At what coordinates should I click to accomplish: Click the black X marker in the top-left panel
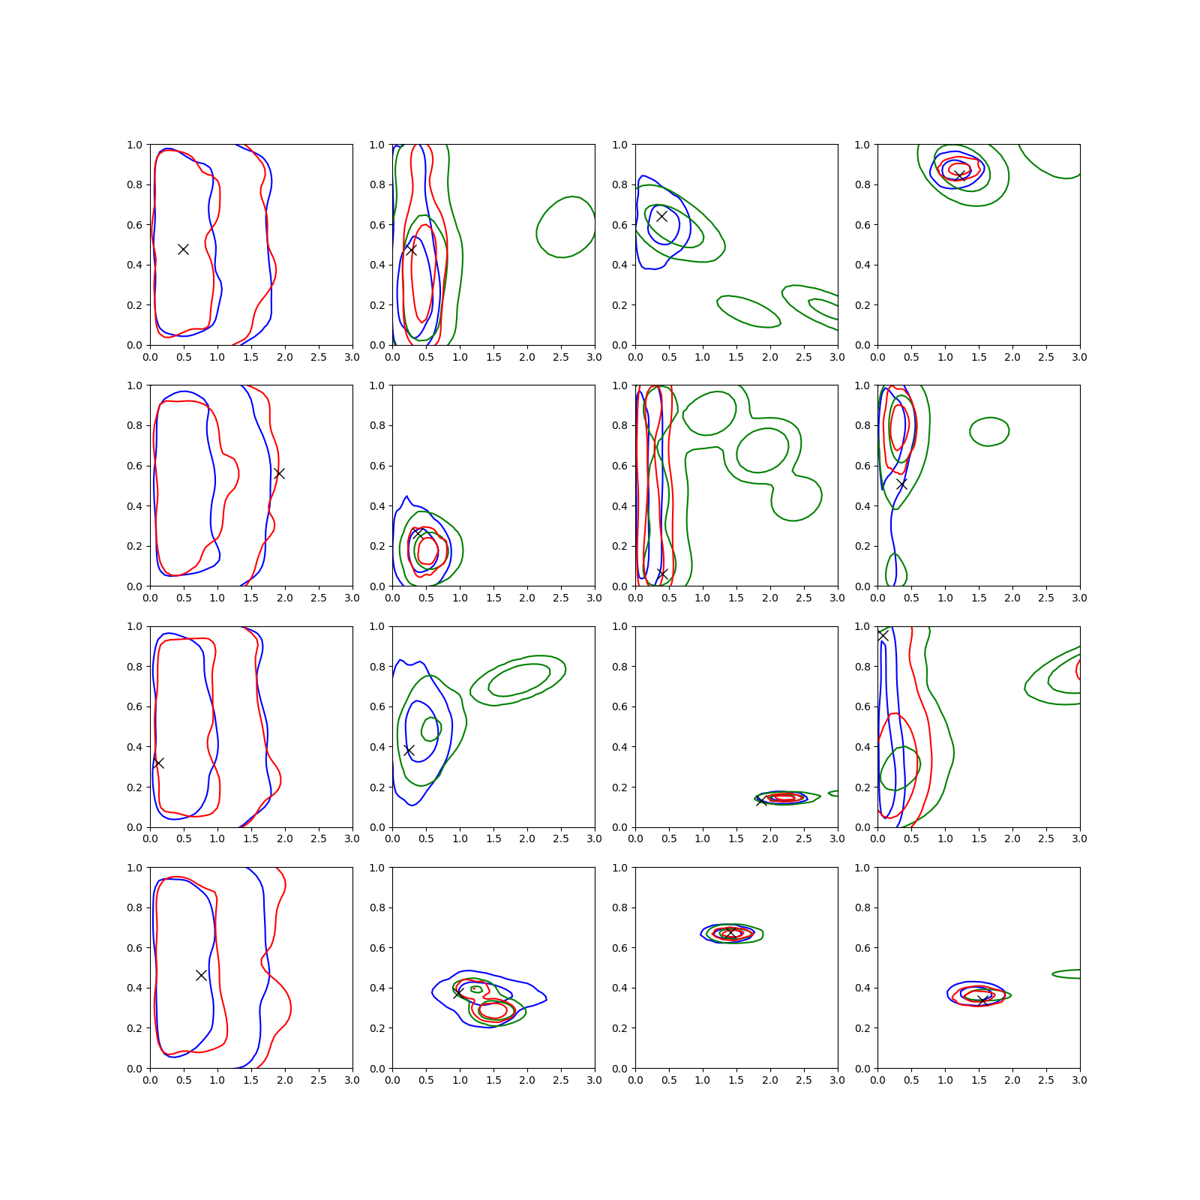(183, 249)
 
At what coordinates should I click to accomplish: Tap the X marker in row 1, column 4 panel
(959, 175)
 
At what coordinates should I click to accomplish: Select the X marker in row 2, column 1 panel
(279, 473)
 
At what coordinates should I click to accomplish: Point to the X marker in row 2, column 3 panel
(662, 574)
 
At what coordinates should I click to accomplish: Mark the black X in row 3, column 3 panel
(761, 801)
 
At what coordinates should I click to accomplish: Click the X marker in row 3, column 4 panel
(883, 635)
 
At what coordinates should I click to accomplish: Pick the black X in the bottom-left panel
(201, 975)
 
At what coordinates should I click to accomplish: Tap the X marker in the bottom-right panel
(982, 1000)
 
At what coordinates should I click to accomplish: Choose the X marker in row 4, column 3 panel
(730, 933)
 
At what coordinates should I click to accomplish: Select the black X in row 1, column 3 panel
(661, 216)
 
